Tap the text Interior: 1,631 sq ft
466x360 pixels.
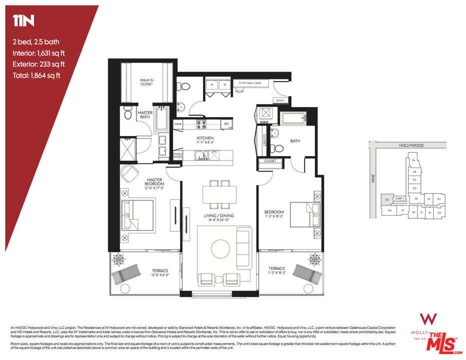click(x=42, y=53)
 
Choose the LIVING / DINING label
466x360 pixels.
click(x=218, y=216)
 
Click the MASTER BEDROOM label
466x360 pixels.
click(x=155, y=182)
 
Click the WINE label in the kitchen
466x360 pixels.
click(x=177, y=123)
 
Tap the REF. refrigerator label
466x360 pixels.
click(x=226, y=123)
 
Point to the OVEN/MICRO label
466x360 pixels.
click(x=177, y=155)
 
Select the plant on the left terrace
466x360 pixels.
click(x=119, y=260)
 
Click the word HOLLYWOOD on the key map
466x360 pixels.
click(x=411, y=145)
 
